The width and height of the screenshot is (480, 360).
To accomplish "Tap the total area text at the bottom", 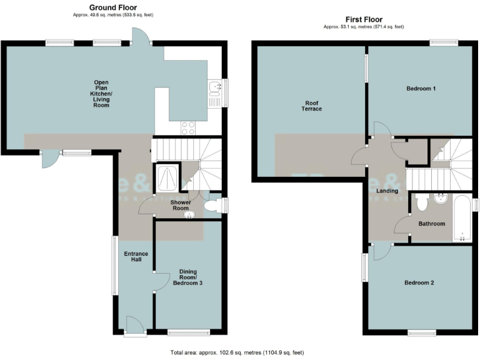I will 237,352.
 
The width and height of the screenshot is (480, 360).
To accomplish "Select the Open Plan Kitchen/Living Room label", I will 101,94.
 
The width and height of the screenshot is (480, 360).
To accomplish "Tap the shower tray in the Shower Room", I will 167,178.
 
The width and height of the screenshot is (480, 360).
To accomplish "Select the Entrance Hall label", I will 136,256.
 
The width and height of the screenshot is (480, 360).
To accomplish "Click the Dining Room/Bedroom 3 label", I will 191,277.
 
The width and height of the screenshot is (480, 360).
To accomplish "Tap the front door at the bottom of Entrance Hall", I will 134,325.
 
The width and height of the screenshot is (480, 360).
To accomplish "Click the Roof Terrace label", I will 312,106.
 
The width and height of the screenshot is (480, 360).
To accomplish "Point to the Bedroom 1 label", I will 421,89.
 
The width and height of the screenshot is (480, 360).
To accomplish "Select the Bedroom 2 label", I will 419,282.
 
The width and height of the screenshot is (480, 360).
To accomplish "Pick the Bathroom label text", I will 431,224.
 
